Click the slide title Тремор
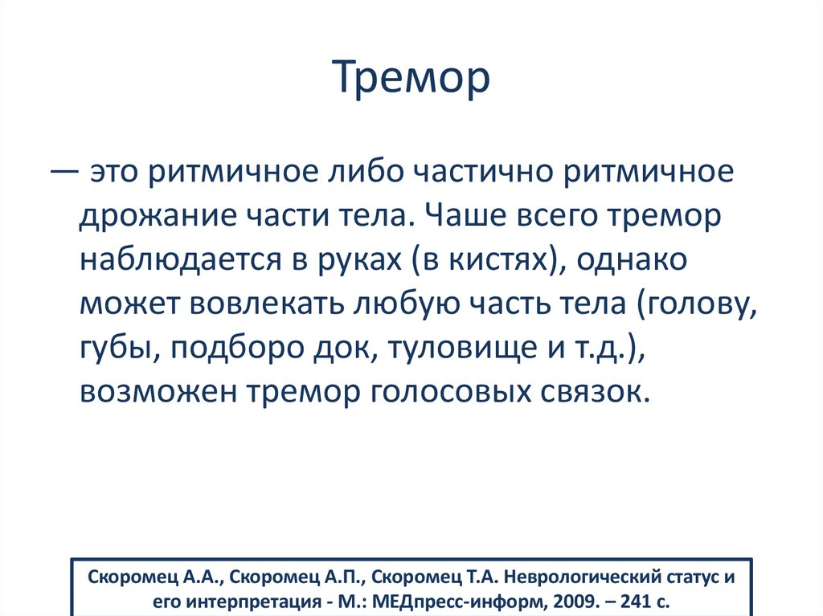(411, 78)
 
